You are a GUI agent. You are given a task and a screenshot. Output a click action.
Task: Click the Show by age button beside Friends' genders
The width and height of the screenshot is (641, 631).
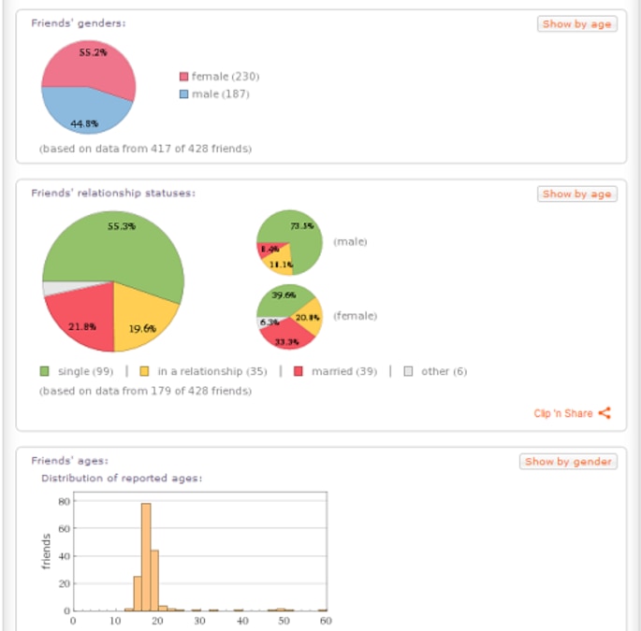tap(577, 24)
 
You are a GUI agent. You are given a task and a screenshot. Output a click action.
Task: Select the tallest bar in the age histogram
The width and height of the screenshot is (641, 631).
tap(145, 556)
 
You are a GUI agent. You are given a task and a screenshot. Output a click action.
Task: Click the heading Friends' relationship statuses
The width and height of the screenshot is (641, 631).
tap(112, 193)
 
